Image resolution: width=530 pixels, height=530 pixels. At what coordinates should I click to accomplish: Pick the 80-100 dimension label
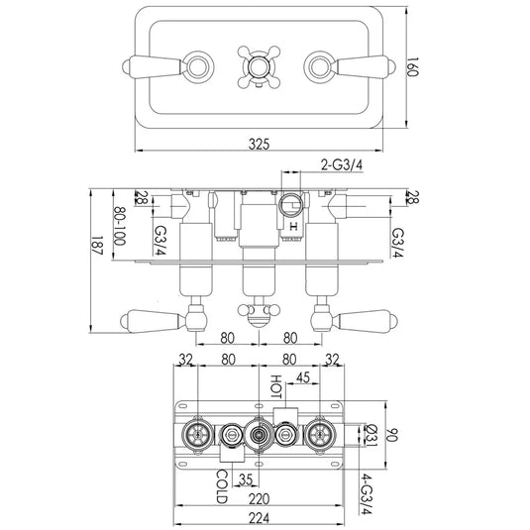click(119, 226)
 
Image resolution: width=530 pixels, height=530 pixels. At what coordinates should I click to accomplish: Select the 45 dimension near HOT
click(303, 376)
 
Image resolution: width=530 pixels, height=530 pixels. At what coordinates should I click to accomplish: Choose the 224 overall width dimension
click(259, 518)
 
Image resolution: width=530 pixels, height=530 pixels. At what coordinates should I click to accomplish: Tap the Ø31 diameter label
click(371, 434)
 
